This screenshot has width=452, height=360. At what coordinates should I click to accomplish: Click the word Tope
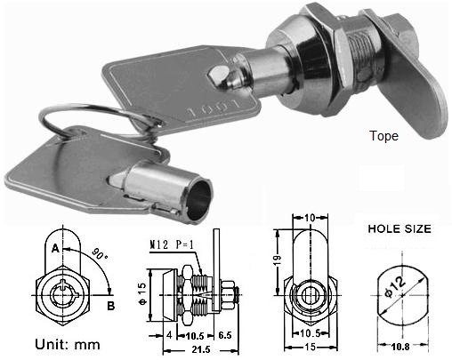point(383,137)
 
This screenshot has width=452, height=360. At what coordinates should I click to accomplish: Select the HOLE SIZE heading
point(400,228)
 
